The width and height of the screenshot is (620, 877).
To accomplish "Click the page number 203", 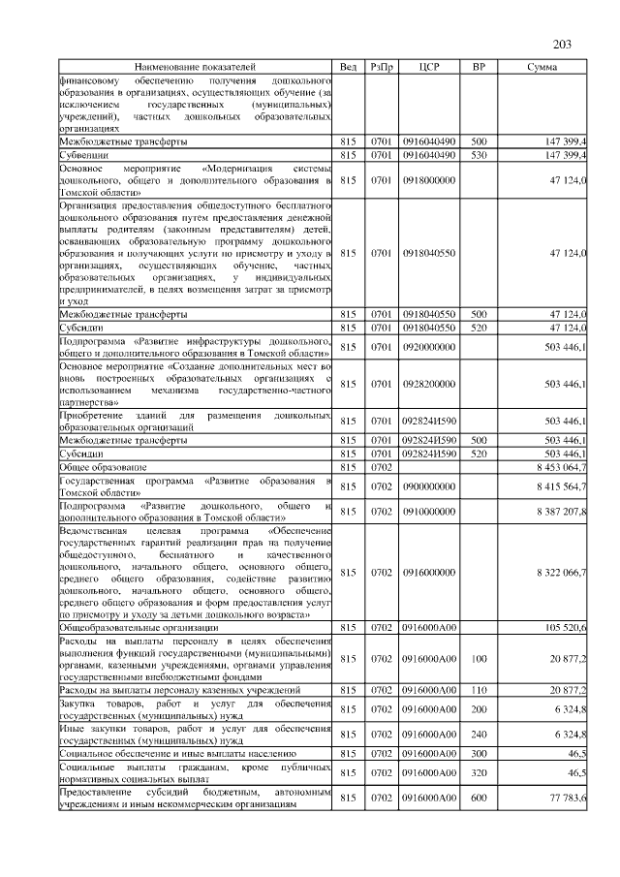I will [x=563, y=44].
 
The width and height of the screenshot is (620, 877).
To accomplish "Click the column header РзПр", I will [x=382, y=67].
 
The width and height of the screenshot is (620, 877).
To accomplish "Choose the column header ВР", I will [x=479, y=67].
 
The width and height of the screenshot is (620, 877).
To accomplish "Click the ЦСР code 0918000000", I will [x=428, y=179].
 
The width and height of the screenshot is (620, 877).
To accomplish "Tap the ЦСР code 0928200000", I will [x=428, y=384].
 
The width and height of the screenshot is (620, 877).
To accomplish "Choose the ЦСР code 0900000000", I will [x=428, y=485].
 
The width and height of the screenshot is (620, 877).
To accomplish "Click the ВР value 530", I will [x=479, y=154].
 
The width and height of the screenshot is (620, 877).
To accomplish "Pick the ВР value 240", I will [x=479, y=734].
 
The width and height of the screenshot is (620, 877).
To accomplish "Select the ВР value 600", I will [x=479, y=796].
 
